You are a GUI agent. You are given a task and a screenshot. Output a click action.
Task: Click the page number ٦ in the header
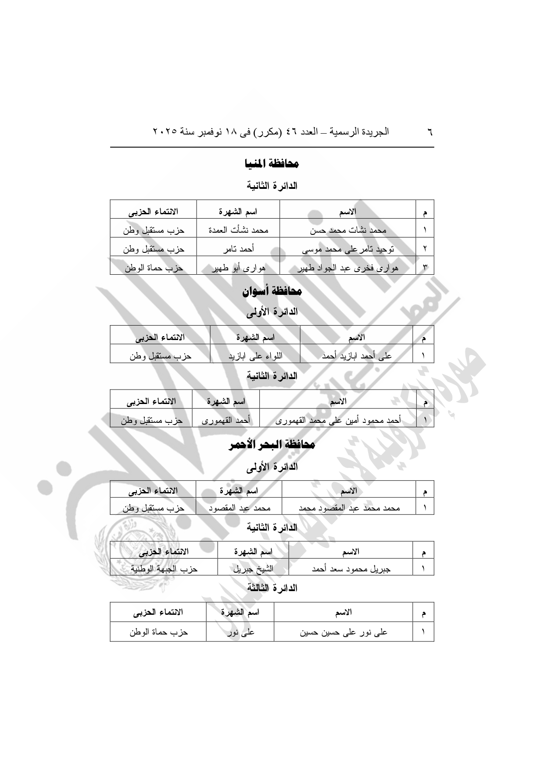430,132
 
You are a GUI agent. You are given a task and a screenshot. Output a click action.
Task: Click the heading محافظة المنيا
272,164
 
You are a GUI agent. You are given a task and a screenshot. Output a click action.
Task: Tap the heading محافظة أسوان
272,291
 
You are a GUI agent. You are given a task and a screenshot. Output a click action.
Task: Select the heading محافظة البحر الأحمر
272,445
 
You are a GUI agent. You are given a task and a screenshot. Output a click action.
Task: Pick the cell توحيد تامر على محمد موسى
348,249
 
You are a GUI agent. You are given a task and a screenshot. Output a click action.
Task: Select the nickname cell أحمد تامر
238,249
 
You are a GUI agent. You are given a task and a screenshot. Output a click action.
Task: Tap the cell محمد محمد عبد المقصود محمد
349,508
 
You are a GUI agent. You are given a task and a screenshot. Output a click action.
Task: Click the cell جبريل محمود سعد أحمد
351,569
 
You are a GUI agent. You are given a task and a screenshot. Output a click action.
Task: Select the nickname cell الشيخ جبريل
253,569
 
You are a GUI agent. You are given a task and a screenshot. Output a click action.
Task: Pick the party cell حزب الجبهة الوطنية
164,569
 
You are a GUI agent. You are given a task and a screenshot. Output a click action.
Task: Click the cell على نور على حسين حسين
344,633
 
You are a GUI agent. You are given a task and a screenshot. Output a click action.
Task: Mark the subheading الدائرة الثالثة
272,588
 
